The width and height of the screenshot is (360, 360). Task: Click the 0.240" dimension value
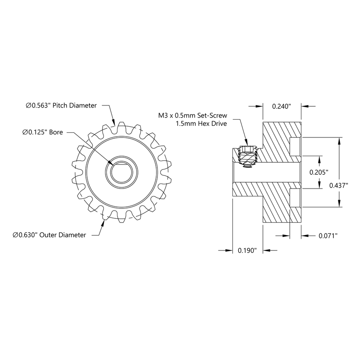click(x=281, y=106)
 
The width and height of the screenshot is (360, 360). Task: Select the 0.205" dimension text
click(x=319, y=172)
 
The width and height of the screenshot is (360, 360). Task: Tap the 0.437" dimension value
click(x=338, y=185)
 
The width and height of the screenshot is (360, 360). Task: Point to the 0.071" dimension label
click(x=328, y=236)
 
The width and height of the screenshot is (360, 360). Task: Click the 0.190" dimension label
click(x=247, y=250)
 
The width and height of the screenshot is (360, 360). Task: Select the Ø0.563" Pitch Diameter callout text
click(x=61, y=105)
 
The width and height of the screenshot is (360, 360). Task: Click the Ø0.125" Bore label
click(x=42, y=132)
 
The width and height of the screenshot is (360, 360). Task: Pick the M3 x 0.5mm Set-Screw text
click(x=192, y=115)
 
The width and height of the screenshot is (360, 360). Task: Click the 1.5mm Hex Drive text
click(x=201, y=124)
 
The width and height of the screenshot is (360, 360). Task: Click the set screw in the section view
click(x=248, y=157)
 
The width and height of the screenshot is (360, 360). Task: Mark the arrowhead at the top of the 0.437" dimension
click(x=340, y=141)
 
